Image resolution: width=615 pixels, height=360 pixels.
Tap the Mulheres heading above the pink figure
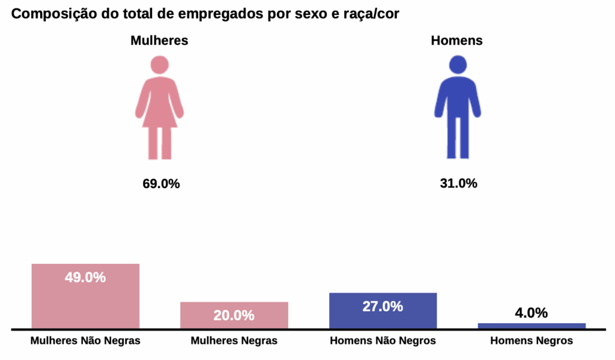159,41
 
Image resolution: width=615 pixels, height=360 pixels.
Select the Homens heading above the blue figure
457,41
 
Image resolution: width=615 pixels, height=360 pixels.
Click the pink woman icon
159,111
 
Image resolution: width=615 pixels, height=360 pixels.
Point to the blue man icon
458,111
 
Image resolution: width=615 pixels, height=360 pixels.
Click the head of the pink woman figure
159,64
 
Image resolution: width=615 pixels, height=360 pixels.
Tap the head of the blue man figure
458,64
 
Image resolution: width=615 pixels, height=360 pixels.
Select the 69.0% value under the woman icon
161,184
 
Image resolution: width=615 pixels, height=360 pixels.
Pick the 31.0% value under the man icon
458,184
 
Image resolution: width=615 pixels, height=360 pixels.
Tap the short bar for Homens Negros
532,326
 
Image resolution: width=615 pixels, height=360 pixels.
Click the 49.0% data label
85,278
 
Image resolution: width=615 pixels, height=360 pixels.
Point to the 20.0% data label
234,316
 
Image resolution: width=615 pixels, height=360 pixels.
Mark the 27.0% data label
383,307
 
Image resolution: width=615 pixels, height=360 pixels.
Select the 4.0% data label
532,313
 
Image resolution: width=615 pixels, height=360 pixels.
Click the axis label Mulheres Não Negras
85,341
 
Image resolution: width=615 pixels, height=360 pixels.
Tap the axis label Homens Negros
532,341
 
